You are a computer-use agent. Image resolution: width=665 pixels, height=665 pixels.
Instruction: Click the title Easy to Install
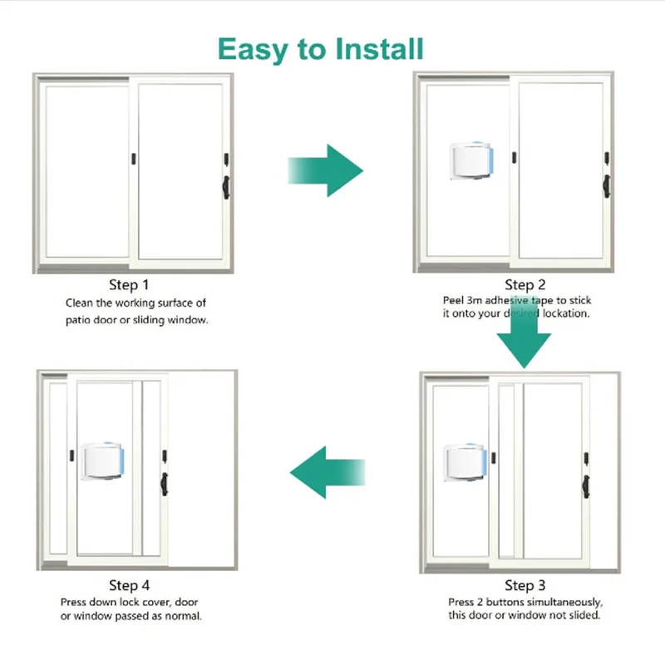click(x=321, y=49)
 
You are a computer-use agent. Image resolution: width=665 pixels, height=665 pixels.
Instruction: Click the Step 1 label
click(x=130, y=287)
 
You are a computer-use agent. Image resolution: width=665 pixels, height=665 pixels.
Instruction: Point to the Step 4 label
click(x=130, y=586)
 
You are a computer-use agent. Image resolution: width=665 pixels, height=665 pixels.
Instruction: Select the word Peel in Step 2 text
click(x=453, y=300)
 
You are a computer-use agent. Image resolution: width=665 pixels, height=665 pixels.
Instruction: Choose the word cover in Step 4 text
click(x=150, y=602)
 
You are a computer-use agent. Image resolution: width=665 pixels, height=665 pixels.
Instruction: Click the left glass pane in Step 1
click(x=87, y=170)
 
